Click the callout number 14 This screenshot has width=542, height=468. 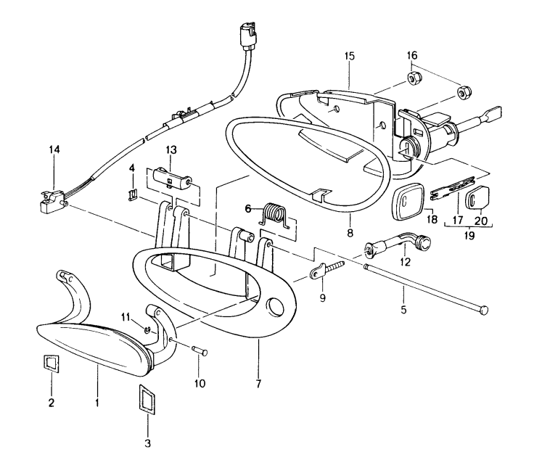(55, 150)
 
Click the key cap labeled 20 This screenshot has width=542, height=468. (480, 196)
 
